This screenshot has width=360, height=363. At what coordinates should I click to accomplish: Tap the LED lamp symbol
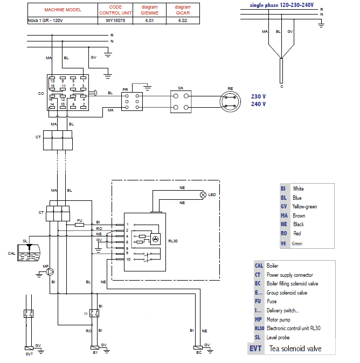(x=203, y=194)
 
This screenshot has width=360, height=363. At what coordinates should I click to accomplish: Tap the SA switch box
(x=182, y=101)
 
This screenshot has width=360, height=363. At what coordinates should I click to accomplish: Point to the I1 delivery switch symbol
(x=95, y=313)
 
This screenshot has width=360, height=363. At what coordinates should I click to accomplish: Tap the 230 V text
(x=258, y=96)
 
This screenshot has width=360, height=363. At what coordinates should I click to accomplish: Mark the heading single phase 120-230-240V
(x=282, y=4)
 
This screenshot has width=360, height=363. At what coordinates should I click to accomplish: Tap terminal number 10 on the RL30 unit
(x=127, y=260)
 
